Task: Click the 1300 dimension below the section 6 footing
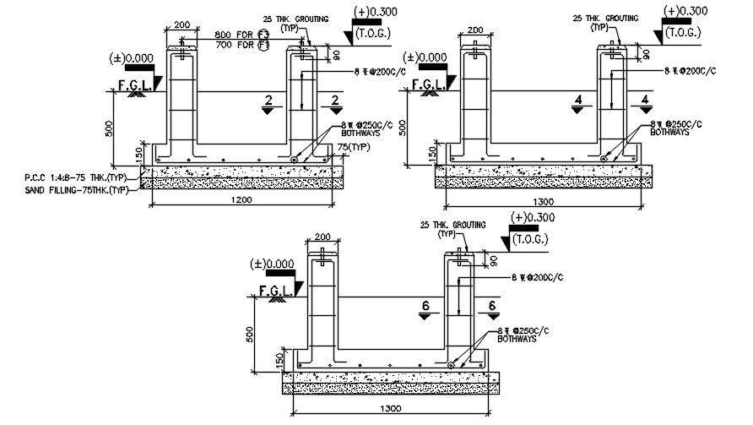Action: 390,407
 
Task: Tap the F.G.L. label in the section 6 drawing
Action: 275,291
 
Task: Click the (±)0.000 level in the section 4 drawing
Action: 424,57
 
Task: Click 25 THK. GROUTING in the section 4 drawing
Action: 605,18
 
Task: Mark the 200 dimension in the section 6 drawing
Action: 322,237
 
